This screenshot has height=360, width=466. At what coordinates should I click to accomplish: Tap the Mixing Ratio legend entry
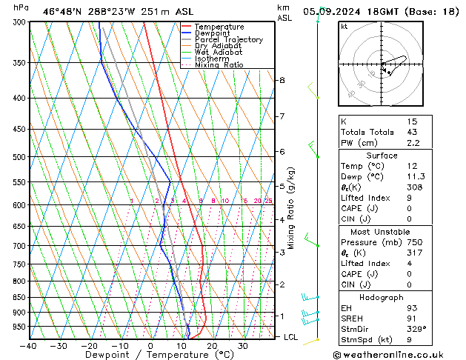[x=219, y=65]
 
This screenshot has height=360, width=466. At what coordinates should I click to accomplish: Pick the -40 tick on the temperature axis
[x=28, y=346]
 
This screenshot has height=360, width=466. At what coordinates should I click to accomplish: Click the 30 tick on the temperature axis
[x=242, y=346]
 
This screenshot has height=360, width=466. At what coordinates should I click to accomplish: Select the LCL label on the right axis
[x=291, y=337]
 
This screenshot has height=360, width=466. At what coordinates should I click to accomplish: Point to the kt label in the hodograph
[x=344, y=27]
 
